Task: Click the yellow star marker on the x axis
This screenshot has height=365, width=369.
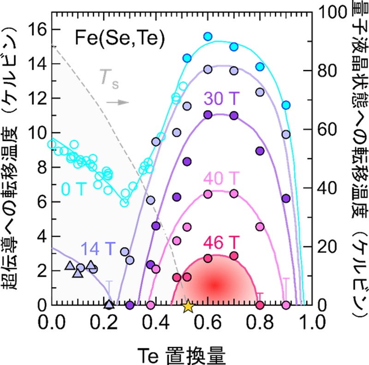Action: point(187,305)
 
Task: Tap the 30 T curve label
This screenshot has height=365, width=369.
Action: point(219,99)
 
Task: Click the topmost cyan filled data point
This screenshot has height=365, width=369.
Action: point(208,36)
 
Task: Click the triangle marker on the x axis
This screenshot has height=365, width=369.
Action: point(109,305)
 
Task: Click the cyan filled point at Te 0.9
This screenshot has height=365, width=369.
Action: point(286,105)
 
